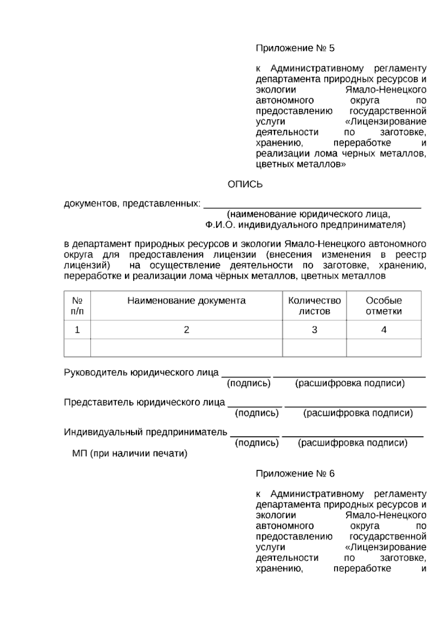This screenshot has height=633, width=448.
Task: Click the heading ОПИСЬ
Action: click(245, 184)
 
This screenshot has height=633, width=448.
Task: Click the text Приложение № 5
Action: click(295, 48)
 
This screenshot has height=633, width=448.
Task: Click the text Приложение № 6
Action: click(295, 474)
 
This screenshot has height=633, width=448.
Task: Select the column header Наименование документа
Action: click(186, 301)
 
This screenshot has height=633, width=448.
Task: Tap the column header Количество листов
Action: click(314, 306)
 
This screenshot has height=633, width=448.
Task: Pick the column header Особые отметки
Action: click(384, 306)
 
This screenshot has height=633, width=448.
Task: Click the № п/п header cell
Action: click(77, 306)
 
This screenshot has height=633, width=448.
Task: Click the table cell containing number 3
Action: click(314, 330)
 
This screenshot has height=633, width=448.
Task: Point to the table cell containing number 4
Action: click(384, 330)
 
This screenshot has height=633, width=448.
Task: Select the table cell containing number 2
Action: click(186, 330)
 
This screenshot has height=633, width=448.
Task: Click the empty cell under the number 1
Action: click(77, 348)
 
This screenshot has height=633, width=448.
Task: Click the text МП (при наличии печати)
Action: click(130, 453)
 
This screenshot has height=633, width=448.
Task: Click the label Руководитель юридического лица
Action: click(141, 372)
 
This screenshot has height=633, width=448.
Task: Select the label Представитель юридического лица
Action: click(144, 402)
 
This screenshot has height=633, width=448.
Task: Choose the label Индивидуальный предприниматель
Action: click(146, 432)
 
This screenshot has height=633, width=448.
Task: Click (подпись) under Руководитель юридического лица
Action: click(249, 383)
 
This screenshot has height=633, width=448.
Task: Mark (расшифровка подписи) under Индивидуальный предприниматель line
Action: click(352, 443)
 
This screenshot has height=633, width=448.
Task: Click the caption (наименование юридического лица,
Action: click(308, 214)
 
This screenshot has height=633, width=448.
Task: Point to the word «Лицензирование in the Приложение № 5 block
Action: click(386, 122)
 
